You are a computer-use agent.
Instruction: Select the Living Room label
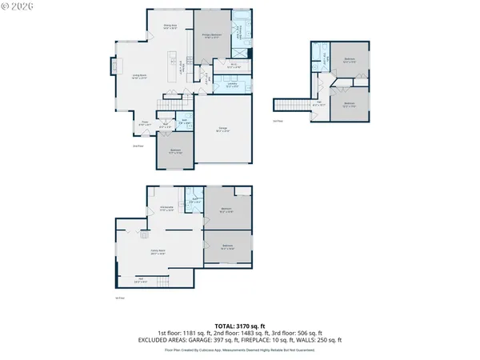[x=139, y=77]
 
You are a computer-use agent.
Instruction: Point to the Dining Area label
[x=170, y=27]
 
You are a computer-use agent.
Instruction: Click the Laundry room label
[x=231, y=84]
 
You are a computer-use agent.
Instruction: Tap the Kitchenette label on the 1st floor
[x=166, y=208]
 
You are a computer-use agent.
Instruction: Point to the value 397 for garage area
[x=243, y=339]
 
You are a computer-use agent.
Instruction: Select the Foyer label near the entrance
[x=146, y=124]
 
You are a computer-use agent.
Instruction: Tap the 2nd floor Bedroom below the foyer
[x=174, y=151]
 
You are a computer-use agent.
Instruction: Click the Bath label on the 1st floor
[x=194, y=201]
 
